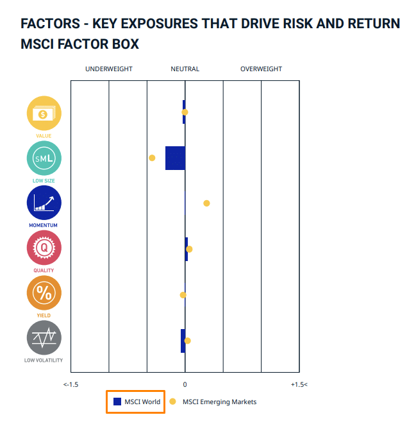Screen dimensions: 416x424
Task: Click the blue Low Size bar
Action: point(176,158)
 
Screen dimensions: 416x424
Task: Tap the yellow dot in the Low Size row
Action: point(152,158)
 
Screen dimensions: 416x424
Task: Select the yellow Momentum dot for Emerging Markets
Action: point(206,203)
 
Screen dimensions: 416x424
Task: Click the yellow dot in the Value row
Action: point(185,112)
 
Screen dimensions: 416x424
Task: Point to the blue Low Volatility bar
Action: point(183,341)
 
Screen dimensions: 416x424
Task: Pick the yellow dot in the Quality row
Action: point(189,250)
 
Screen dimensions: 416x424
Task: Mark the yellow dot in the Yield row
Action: point(183,295)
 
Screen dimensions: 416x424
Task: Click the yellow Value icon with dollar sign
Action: point(44,114)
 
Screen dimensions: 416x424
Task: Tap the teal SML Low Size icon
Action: point(44,158)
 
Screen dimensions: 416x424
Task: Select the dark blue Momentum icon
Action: point(44,203)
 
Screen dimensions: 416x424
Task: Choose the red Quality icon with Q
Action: point(44,248)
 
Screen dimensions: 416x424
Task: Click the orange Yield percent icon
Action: point(44,293)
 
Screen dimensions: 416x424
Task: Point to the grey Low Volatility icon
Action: point(44,338)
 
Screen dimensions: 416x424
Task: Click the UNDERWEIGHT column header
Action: point(109,69)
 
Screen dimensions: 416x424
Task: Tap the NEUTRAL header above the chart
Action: point(185,69)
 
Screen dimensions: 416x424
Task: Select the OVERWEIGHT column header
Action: point(262,69)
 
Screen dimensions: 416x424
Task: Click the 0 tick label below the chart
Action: point(185,384)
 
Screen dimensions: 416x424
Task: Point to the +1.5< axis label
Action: point(299,384)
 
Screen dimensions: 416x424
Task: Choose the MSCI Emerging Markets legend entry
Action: point(213,402)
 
